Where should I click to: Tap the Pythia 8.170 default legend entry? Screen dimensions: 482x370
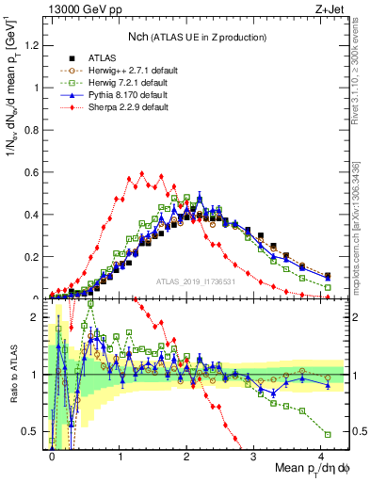tap(123, 95)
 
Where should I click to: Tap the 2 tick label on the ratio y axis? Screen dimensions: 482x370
tap(40, 318)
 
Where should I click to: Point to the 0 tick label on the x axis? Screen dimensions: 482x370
tap(52, 456)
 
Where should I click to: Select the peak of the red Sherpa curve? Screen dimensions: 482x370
tap(141, 173)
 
